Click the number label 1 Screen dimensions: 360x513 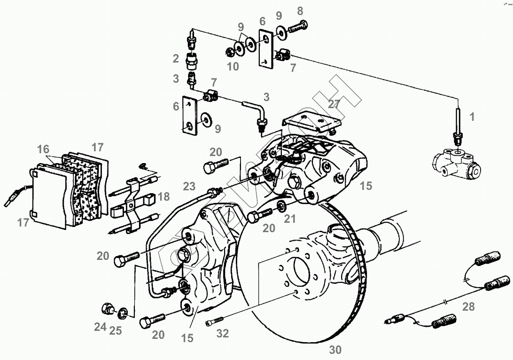(x=472, y=117)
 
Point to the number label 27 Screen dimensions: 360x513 (x=334, y=104)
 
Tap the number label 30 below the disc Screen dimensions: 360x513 (x=335, y=350)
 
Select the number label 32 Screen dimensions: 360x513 (x=223, y=333)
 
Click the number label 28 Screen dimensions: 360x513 (x=468, y=307)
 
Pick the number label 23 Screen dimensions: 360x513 (x=189, y=186)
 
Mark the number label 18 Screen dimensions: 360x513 (x=163, y=196)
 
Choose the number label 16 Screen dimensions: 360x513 (x=43, y=149)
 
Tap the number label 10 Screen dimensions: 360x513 (x=233, y=66)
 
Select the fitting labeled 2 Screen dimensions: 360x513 (x=192, y=61)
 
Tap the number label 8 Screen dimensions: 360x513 (x=300, y=10)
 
